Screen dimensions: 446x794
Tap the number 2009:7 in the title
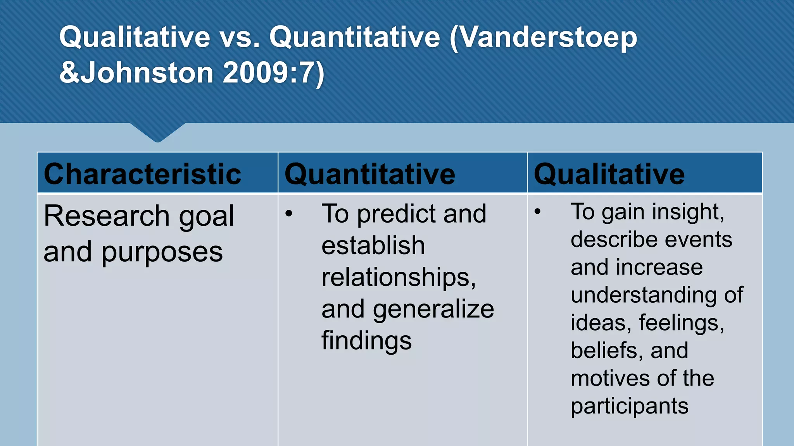273,73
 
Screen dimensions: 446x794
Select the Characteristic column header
142,174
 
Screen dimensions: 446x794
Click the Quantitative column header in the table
370,174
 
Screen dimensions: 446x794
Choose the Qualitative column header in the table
609,174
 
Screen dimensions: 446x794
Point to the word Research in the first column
107,216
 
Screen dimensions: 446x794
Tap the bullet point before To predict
288,213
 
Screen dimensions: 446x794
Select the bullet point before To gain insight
537,211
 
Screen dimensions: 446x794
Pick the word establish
373,245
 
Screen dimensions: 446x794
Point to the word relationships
399,277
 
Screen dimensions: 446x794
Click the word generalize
433,310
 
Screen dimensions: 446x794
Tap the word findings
366,341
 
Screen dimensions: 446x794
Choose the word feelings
681,322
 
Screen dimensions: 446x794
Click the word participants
629,407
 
